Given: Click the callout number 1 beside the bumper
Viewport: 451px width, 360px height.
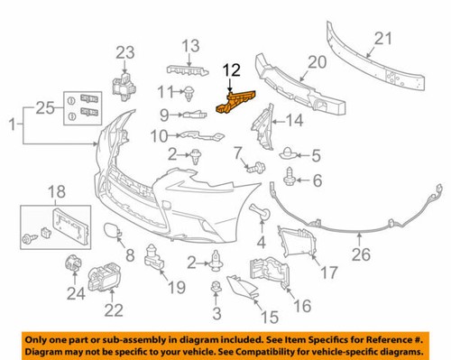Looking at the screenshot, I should click(12, 119).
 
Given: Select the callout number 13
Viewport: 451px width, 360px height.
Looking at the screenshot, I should click(191, 45).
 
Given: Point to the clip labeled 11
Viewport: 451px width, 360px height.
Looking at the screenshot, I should click(191, 90).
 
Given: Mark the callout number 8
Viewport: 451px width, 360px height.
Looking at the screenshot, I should click(130, 255).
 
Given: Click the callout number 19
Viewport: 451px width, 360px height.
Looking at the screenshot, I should click(175, 288).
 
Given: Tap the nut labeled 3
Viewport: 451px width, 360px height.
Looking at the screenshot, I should click(216, 289).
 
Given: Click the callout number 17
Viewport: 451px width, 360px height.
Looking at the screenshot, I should click(328, 270).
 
